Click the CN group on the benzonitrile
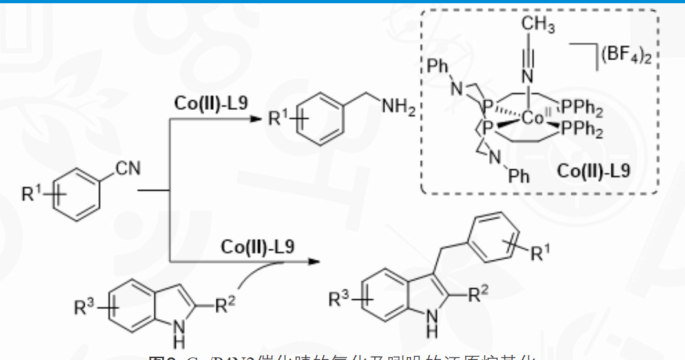tap(128, 169)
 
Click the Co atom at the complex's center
tap(534, 118)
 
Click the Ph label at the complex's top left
tap(439, 66)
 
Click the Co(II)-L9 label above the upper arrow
tap(211, 103)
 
